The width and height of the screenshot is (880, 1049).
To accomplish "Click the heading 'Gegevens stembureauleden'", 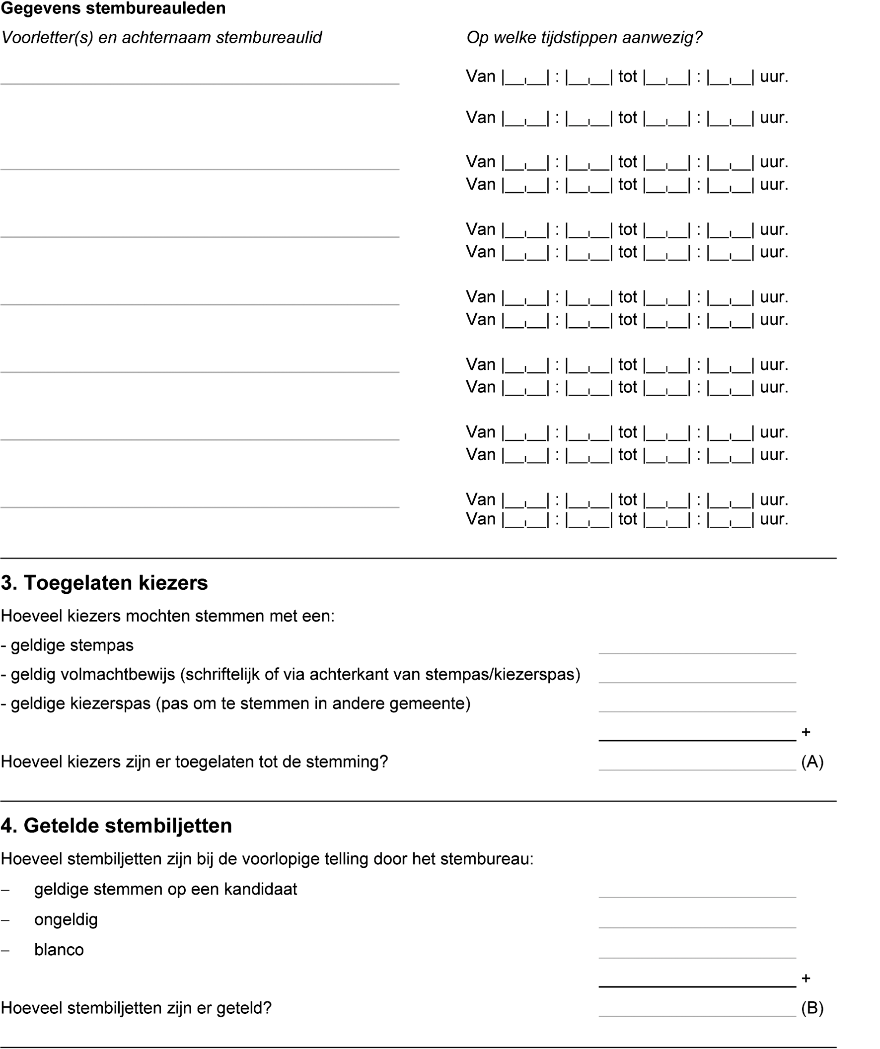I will coord(113,8).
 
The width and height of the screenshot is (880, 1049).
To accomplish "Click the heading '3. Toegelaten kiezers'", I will coord(104,583).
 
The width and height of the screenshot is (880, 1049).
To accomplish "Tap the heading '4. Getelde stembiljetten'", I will coord(116,826).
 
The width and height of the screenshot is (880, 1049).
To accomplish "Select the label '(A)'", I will coord(812,762).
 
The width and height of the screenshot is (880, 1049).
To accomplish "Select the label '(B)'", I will coord(812,1008).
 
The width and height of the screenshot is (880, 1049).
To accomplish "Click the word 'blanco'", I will coord(59,950).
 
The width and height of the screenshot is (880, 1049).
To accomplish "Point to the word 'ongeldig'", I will coord(66,919).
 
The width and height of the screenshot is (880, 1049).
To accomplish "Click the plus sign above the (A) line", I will coord(806,732).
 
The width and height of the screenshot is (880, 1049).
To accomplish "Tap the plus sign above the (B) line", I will coord(806,979).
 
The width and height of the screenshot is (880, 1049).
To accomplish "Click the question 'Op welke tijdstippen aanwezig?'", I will coord(584,37).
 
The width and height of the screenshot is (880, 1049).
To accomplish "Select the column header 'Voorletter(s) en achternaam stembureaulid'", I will coord(161,37).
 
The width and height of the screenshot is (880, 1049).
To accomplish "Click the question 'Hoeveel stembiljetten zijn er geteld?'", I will coord(136,1008).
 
